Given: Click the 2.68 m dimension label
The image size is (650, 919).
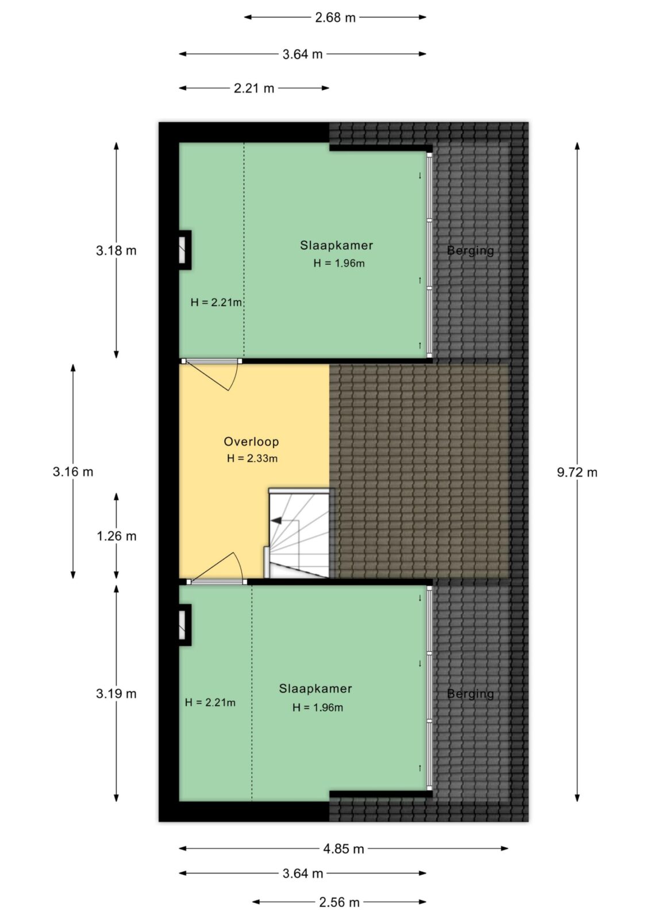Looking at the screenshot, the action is (x=335, y=18).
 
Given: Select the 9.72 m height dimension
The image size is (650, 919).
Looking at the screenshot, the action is (x=577, y=472).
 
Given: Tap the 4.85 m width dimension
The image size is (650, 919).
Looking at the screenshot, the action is (x=343, y=848).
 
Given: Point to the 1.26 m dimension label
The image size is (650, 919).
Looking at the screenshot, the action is (x=117, y=536).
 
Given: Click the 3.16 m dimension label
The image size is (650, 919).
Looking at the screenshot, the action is (x=73, y=472).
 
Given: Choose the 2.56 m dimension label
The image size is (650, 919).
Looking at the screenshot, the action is (x=339, y=902).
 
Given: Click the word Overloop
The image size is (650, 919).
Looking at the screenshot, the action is (x=251, y=442).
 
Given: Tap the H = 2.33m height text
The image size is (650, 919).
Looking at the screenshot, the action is (x=252, y=458).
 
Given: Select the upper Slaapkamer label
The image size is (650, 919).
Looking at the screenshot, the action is (x=336, y=245).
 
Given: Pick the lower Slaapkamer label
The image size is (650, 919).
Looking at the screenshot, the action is (x=316, y=689).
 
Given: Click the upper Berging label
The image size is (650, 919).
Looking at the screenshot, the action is (x=470, y=250).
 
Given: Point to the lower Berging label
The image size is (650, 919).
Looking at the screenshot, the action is (x=470, y=694).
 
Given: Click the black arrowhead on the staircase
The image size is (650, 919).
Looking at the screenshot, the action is (x=276, y=520).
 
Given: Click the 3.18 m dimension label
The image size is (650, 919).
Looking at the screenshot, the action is (x=116, y=250).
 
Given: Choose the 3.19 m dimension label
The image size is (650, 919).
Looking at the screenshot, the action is (x=116, y=693).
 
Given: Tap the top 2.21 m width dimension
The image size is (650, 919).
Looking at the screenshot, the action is (x=254, y=88).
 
